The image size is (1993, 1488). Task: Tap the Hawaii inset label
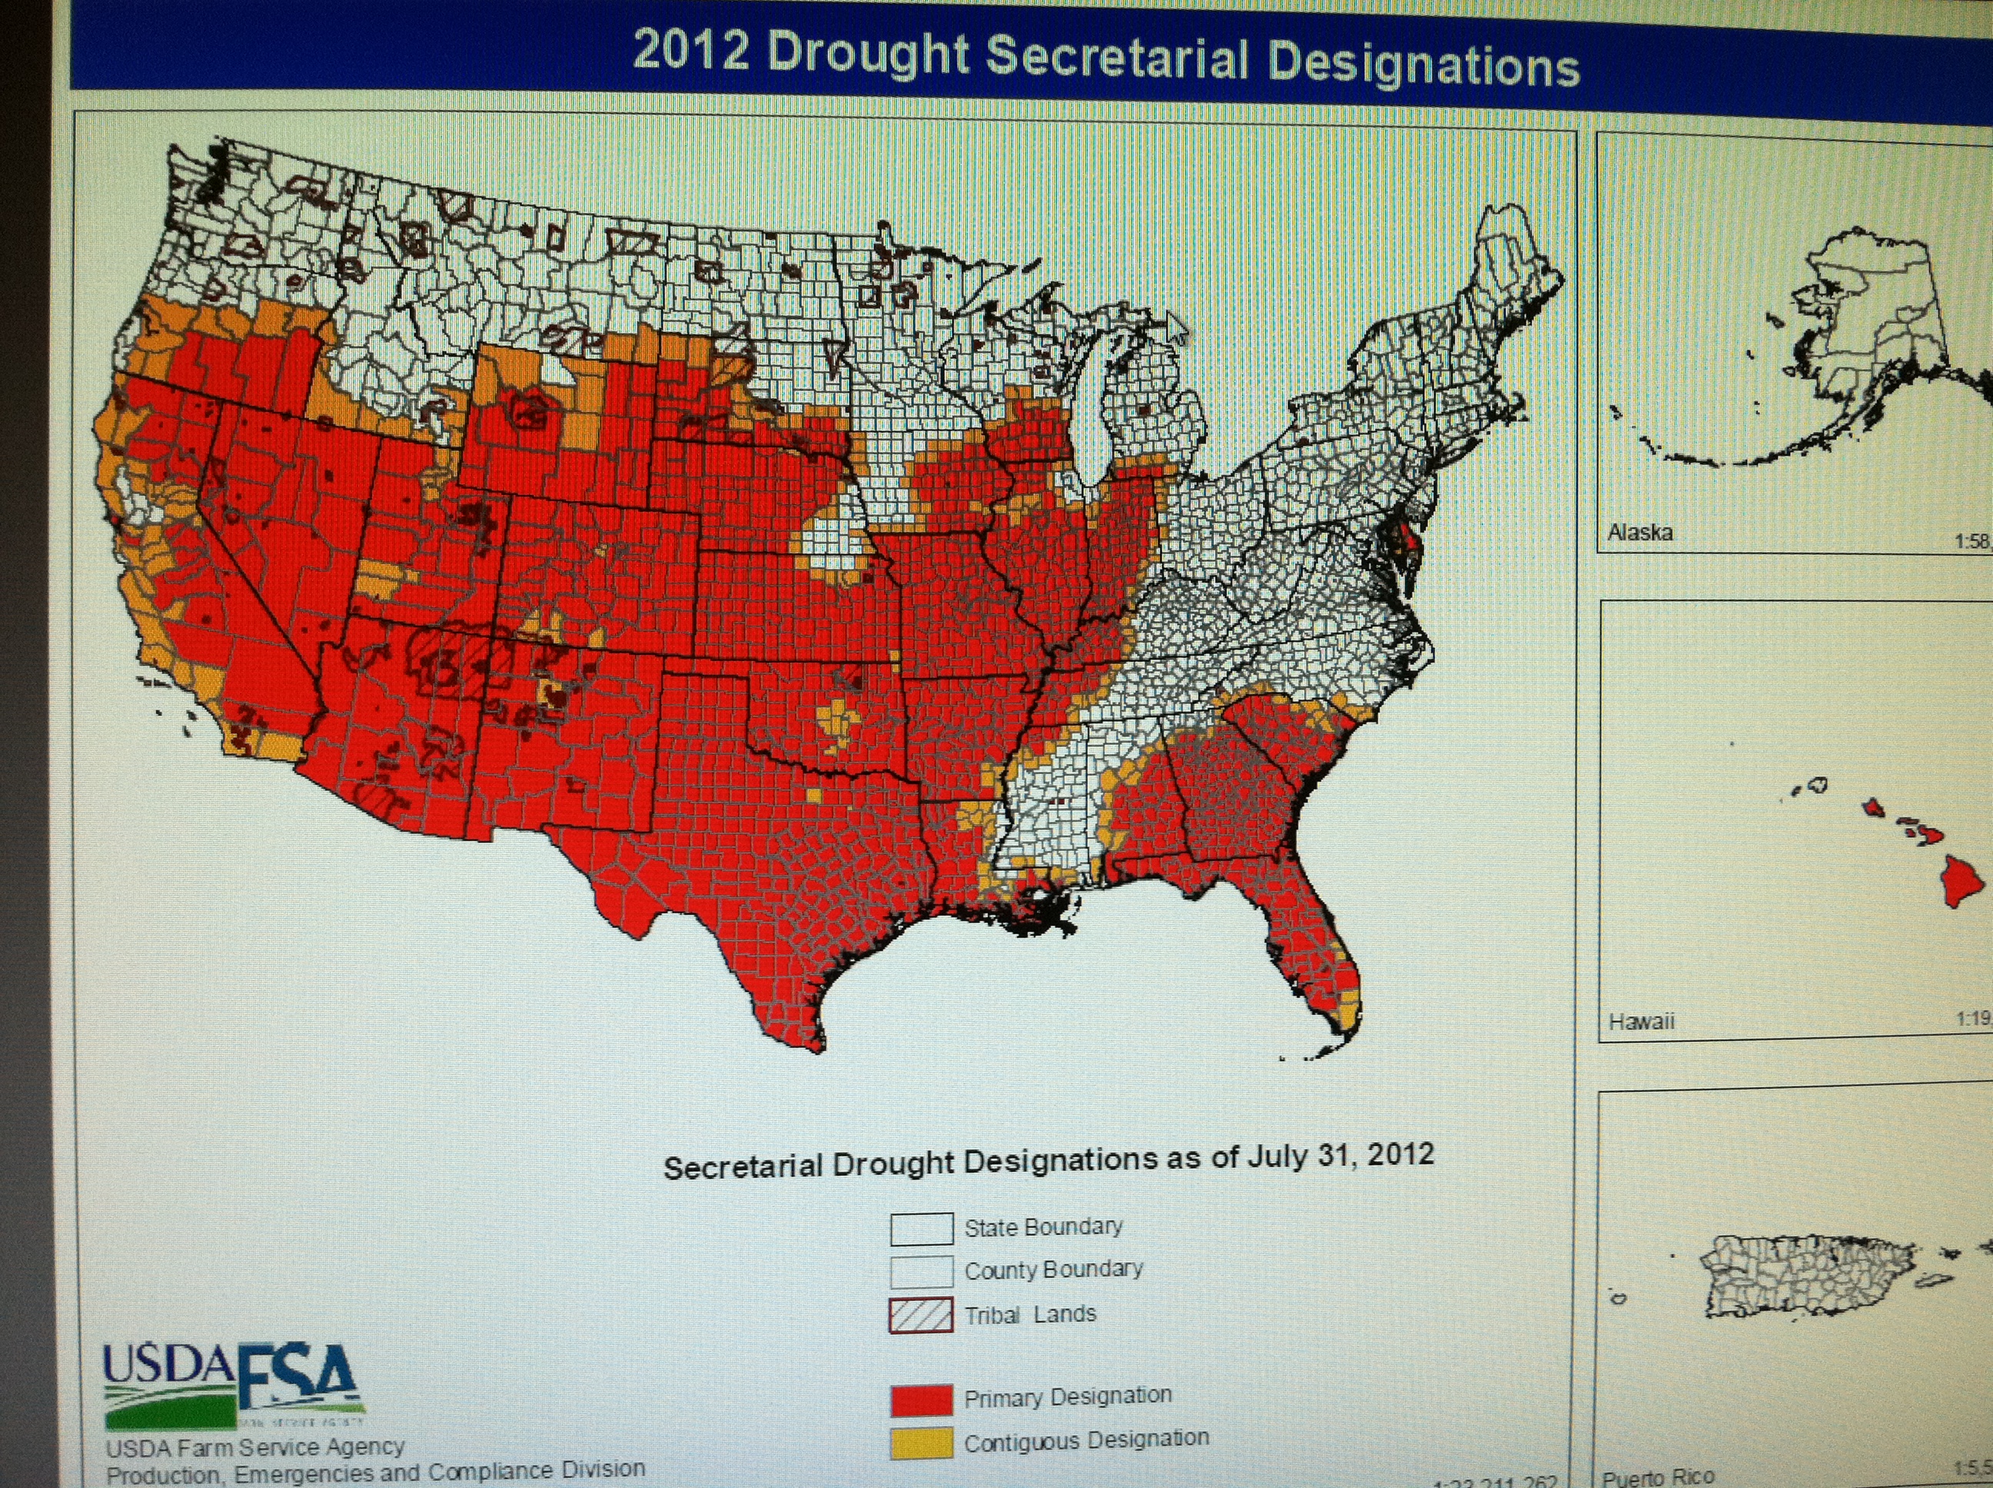click(x=1641, y=1021)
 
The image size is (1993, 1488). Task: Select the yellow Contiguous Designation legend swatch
click(x=921, y=1443)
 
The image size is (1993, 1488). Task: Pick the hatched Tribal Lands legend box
click(x=921, y=1315)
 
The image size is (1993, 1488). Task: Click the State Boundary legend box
click(x=921, y=1228)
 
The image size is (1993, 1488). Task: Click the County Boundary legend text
click(x=1053, y=1270)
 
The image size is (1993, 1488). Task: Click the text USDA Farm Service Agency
click(x=255, y=1447)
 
